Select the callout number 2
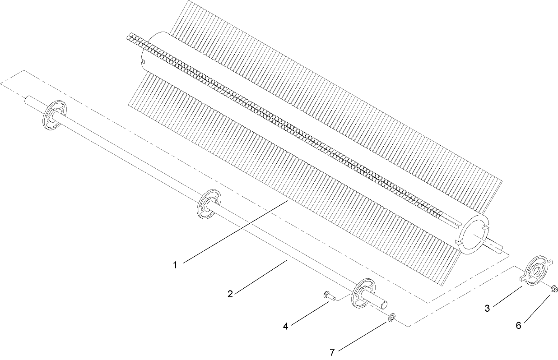tap(230, 294)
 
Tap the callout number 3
tap(487, 309)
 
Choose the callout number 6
tap(518, 325)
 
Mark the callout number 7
tap(332, 352)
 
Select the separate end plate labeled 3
tap(536, 271)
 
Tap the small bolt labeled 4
tap(327, 295)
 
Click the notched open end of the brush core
tap(474, 230)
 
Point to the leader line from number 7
tap(363, 336)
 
